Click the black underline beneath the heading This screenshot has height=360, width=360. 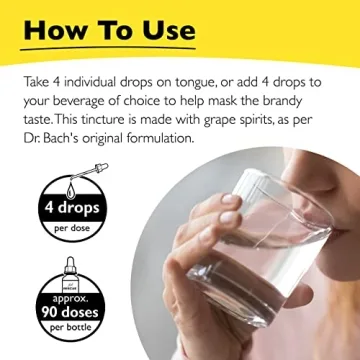[x=110, y=48]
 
